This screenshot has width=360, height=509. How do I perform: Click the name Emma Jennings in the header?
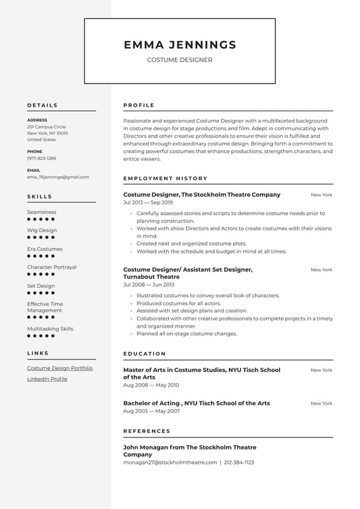tap(179, 45)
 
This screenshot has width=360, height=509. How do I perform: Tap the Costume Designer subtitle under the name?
tap(179, 60)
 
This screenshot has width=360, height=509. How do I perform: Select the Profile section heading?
tap(138, 105)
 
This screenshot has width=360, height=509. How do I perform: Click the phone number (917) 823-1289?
tap(41, 158)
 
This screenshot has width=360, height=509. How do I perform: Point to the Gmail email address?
tap(58, 177)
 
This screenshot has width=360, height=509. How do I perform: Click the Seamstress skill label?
tap(41, 212)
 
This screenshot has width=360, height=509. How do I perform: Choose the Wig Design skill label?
tap(42, 230)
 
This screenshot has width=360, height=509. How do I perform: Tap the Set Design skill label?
tap(40, 286)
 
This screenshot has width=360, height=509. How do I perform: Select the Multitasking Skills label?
tap(50, 328)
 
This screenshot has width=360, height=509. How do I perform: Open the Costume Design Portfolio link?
tap(60, 368)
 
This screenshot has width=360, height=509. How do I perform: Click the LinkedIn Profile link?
tap(47, 379)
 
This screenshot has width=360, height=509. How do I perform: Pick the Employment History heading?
tap(165, 178)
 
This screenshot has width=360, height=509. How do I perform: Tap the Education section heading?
tap(144, 353)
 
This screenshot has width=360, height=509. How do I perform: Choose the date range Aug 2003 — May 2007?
tap(151, 411)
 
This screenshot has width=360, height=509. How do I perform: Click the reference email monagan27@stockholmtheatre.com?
tap(169, 463)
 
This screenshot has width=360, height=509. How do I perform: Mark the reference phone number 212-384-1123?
tap(239, 463)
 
